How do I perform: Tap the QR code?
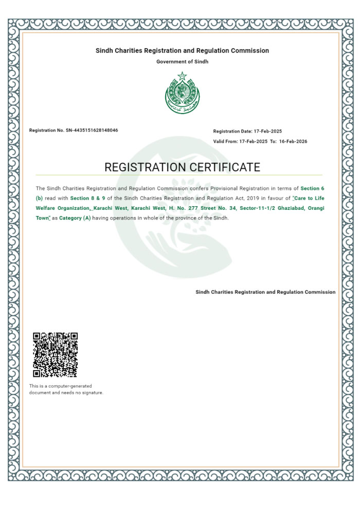click(x=55, y=355)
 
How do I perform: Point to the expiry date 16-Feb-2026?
click(x=293, y=141)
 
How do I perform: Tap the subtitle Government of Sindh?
click(x=182, y=62)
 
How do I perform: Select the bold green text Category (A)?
click(x=75, y=218)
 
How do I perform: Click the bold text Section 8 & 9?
click(x=88, y=198)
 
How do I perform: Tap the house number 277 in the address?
click(x=192, y=208)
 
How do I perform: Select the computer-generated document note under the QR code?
click(x=66, y=389)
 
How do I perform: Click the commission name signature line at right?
click(x=265, y=292)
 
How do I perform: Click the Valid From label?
click(x=225, y=141)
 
